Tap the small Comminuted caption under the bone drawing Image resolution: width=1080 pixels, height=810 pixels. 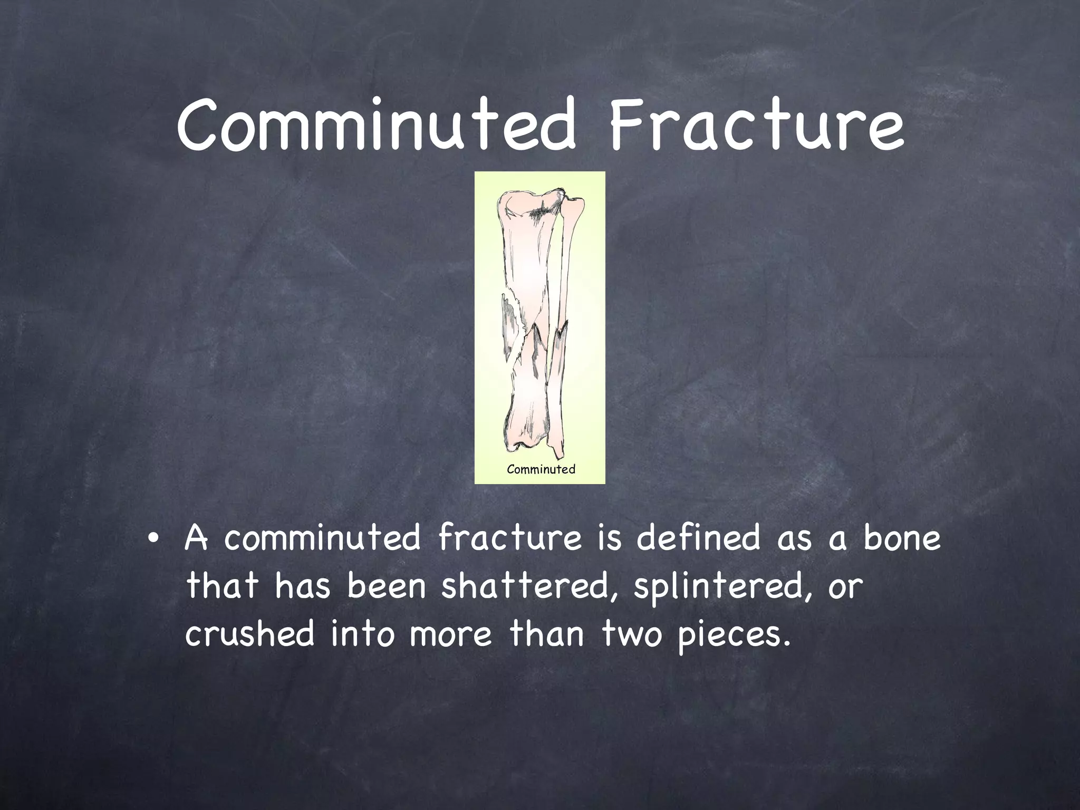tap(541, 469)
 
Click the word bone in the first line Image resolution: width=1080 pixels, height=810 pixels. tap(902, 538)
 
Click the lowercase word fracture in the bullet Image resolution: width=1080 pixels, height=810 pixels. tap(510, 538)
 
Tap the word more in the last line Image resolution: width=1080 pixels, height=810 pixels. tap(450, 634)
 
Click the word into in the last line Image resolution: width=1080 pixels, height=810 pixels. tap(362, 633)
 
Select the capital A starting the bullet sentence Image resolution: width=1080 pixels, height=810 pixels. tap(196, 538)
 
